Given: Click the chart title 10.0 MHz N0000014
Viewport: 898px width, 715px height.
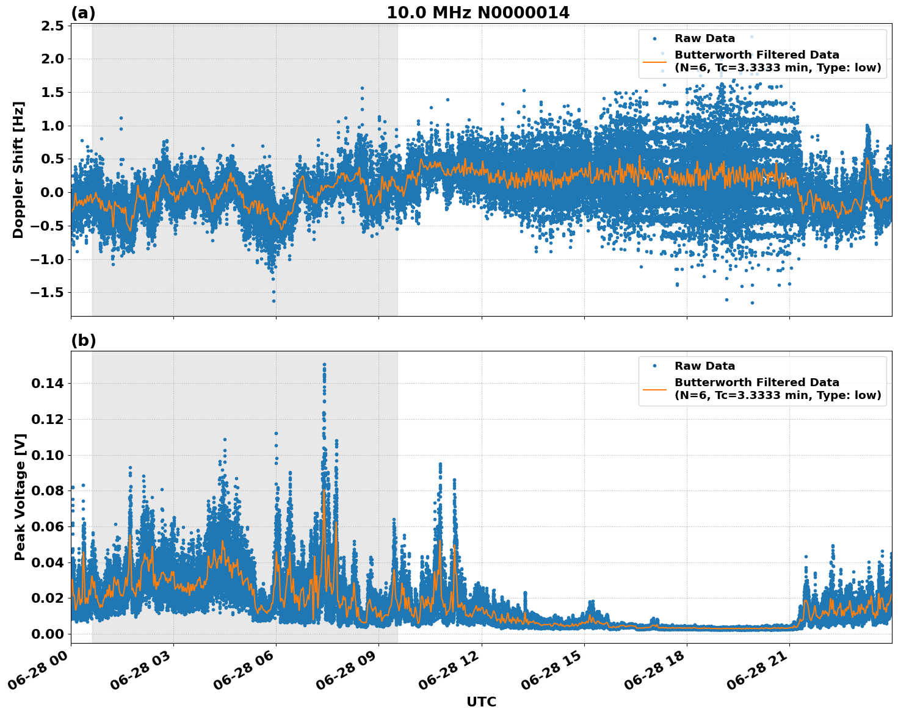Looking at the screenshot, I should click(x=477, y=12).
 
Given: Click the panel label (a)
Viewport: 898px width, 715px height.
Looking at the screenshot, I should click(x=83, y=13).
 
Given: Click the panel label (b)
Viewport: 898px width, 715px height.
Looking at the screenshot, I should click(x=83, y=340).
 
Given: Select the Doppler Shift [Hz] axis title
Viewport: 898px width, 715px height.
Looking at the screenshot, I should click(x=18, y=170).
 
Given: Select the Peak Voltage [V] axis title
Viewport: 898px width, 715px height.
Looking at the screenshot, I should click(x=20, y=497).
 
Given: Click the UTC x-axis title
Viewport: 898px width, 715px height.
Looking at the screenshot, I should click(x=481, y=702).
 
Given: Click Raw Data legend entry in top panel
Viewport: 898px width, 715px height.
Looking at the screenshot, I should click(x=704, y=38).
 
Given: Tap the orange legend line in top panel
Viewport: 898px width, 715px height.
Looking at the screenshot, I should click(x=654, y=61).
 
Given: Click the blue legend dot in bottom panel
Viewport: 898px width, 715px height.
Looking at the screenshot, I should click(x=654, y=366).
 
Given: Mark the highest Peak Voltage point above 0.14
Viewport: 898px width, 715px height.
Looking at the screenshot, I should click(x=324, y=365).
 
